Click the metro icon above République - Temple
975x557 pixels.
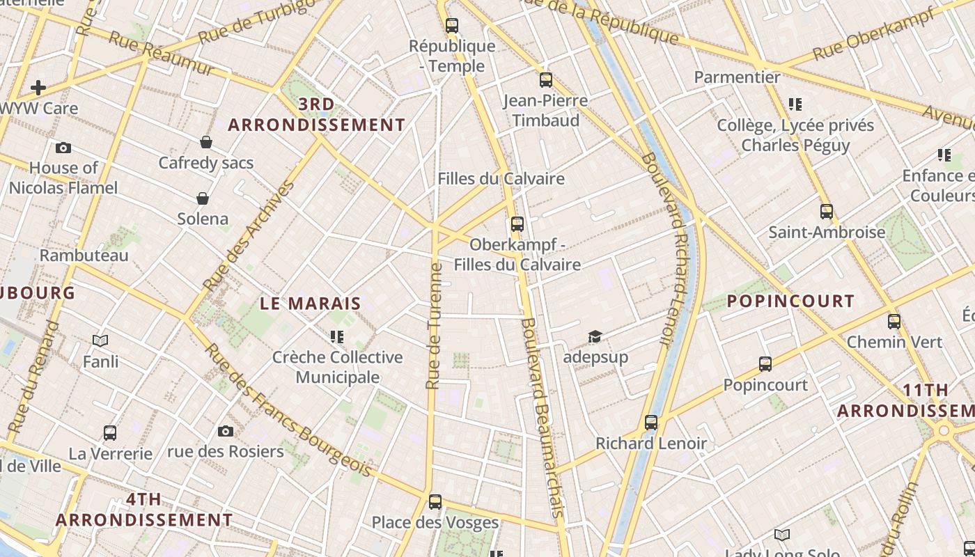pyautogui.click(x=452, y=26)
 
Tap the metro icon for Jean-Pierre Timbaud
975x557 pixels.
pyautogui.click(x=546, y=80)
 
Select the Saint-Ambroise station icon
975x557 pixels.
pyautogui.click(x=827, y=212)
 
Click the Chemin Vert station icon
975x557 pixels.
pyautogui.click(x=894, y=322)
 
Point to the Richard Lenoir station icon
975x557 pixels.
pyautogui.click(x=651, y=423)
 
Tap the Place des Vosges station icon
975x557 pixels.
pyautogui.click(x=435, y=501)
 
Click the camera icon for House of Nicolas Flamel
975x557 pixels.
pyautogui.click(x=63, y=148)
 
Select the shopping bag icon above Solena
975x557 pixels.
pyautogui.click(x=203, y=198)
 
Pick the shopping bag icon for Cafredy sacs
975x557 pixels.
pyautogui.click(x=206, y=142)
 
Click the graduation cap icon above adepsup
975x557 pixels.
pyautogui.click(x=595, y=337)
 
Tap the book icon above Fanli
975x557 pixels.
pyautogui.click(x=100, y=340)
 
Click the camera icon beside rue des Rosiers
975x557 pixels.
pyautogui.click(x=226, y=432)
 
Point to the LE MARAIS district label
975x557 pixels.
pyautogui.click(x=311, y=304)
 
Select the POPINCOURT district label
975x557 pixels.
pyautogui.click(x=790, y=301)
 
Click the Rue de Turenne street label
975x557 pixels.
pyautogui.click(x=435, y=326)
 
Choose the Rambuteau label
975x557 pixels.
pyautogui.click(x=84, y=256)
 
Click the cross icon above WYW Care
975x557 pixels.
pyautogui.click(x=38, y=88)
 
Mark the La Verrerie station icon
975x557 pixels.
pyautogui.click(x=110, y=433)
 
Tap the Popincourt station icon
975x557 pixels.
pyautogui.click(x=765, y=364)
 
